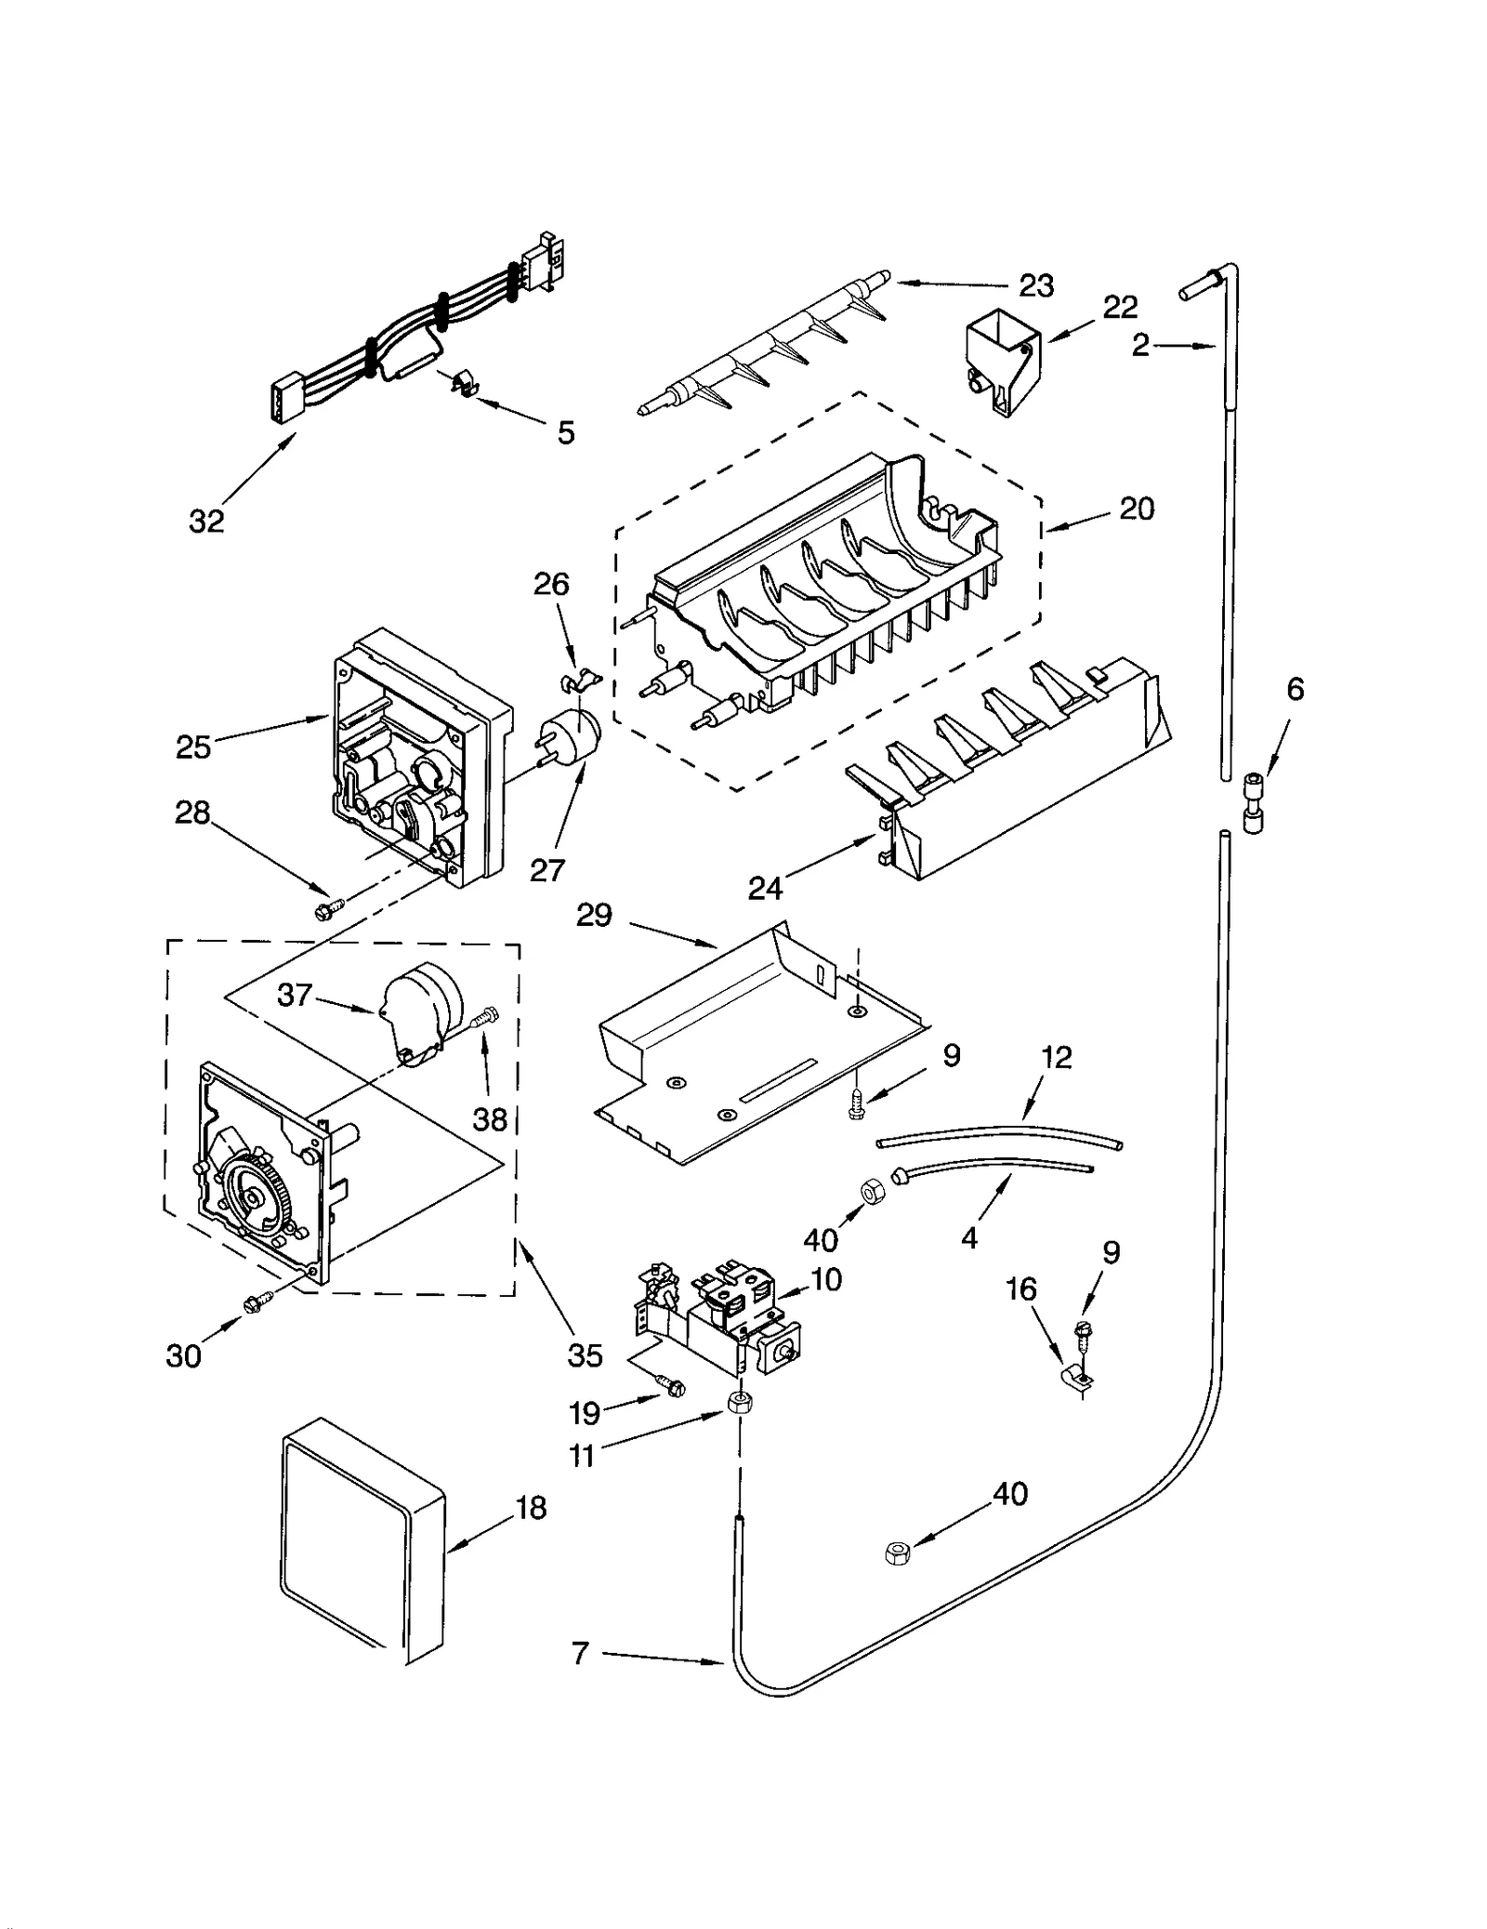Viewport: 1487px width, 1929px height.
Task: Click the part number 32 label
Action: tap(206, 522)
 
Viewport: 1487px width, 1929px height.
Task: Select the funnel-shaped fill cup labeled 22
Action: tap(1003, 360)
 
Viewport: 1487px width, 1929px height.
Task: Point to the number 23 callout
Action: tap(1035, 285)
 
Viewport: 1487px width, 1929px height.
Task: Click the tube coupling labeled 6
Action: tap(1254, 802)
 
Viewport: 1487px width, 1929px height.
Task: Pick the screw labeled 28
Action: tap(330, 906)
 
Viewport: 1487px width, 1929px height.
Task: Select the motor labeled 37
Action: tap(420, 1009)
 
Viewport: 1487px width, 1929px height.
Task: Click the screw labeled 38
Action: tap(483, 1018)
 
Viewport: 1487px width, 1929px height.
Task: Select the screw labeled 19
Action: tap(671, 1384)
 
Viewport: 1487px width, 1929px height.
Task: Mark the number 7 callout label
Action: tap(580, 1653)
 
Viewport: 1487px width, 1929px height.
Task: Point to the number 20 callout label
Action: tap(1136, 509)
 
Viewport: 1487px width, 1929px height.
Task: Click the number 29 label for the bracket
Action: tap(594, 915)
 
